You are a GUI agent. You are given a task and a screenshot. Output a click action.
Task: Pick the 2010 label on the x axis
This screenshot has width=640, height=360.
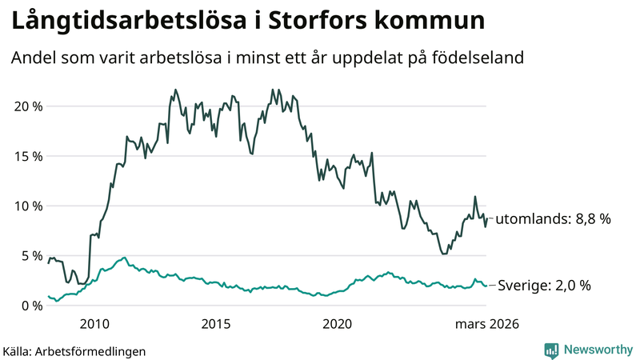pos(94,324)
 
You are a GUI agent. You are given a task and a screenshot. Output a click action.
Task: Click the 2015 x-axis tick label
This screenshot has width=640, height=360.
pos(216,324)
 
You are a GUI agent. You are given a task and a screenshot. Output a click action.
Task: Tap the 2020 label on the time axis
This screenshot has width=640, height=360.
pos(337,324)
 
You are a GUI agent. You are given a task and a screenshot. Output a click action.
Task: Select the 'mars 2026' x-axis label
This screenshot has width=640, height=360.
pos(487,324)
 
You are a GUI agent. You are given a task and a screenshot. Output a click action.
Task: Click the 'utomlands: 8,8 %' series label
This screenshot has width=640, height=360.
pos(553,218)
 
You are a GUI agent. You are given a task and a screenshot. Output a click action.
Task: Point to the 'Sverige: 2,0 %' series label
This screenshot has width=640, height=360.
pos(545,285)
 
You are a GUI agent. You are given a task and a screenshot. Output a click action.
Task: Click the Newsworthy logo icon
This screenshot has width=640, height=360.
pos(551,350)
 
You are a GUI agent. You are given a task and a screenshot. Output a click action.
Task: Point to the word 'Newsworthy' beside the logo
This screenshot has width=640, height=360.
pos(597,350)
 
